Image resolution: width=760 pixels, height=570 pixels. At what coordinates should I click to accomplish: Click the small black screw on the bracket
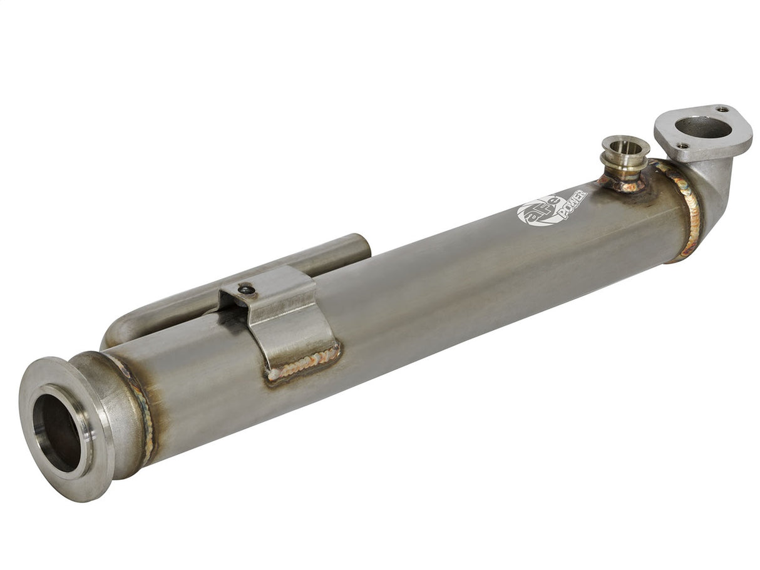click(247, 289)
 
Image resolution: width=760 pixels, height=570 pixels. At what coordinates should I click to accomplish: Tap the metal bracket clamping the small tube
click(288, 319)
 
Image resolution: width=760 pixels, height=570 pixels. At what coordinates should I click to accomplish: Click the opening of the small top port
click(625, 146)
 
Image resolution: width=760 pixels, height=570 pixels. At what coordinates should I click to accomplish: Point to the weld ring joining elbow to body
click(689, 210)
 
